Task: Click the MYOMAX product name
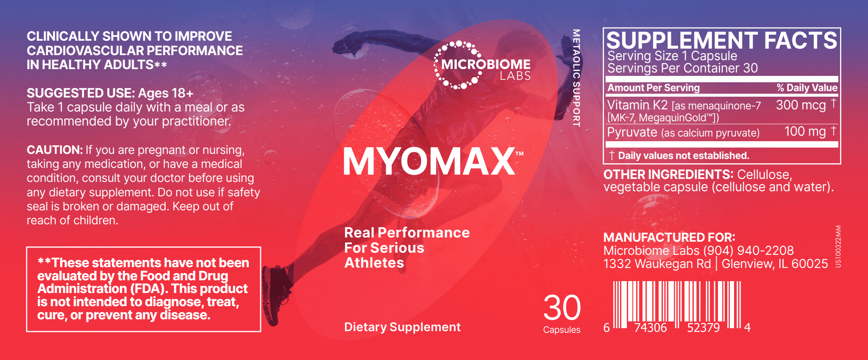[429, 162]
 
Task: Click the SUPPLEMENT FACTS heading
[721, 41]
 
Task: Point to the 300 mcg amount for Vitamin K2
[801, 105]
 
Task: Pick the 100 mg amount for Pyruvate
[805, 131]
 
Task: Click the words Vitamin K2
[637, 105]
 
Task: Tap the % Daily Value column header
[807, 88]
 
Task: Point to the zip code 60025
[810, 264]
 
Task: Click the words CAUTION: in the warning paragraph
[55, 150]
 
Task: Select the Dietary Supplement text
[402, 327]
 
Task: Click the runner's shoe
[275, 293]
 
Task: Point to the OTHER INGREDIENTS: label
[668, 174]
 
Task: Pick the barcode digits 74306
[650, 328]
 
